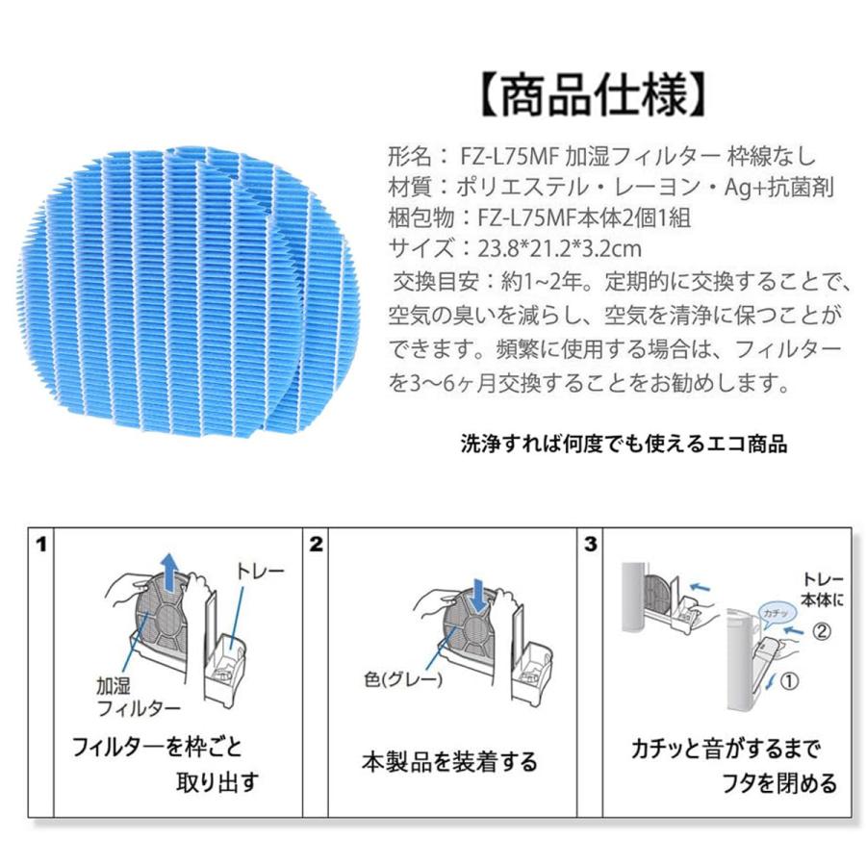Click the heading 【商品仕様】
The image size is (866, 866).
pyautogui.click(x=594, y=95)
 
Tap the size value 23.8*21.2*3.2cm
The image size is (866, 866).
pyautogui.click(x=559, y=249)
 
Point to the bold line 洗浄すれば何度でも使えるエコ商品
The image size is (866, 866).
pyautogui.click(x=624, y=444)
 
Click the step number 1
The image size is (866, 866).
pyautogui.click(x=40, y=545)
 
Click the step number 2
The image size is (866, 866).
pyautogui.click(x=316, y=545)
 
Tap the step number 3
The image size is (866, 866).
pyautogui.click(x=591, y=545)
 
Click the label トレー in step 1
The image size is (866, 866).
pyautogui.click(x=260, y=571)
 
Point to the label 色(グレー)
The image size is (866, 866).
pyautogui.click(x=403, y=679)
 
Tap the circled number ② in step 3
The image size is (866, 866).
pyautogui.click(x=822, y=631)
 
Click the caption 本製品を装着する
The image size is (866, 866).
pyautogui.click(x=449, y=762)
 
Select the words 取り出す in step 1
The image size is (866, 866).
pyautogui.click(x=217, y=782)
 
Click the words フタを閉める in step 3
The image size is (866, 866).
pyautogui.click(x=779, y=783)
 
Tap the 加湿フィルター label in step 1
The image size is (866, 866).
pyautogui.click(x=138, y=697)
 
